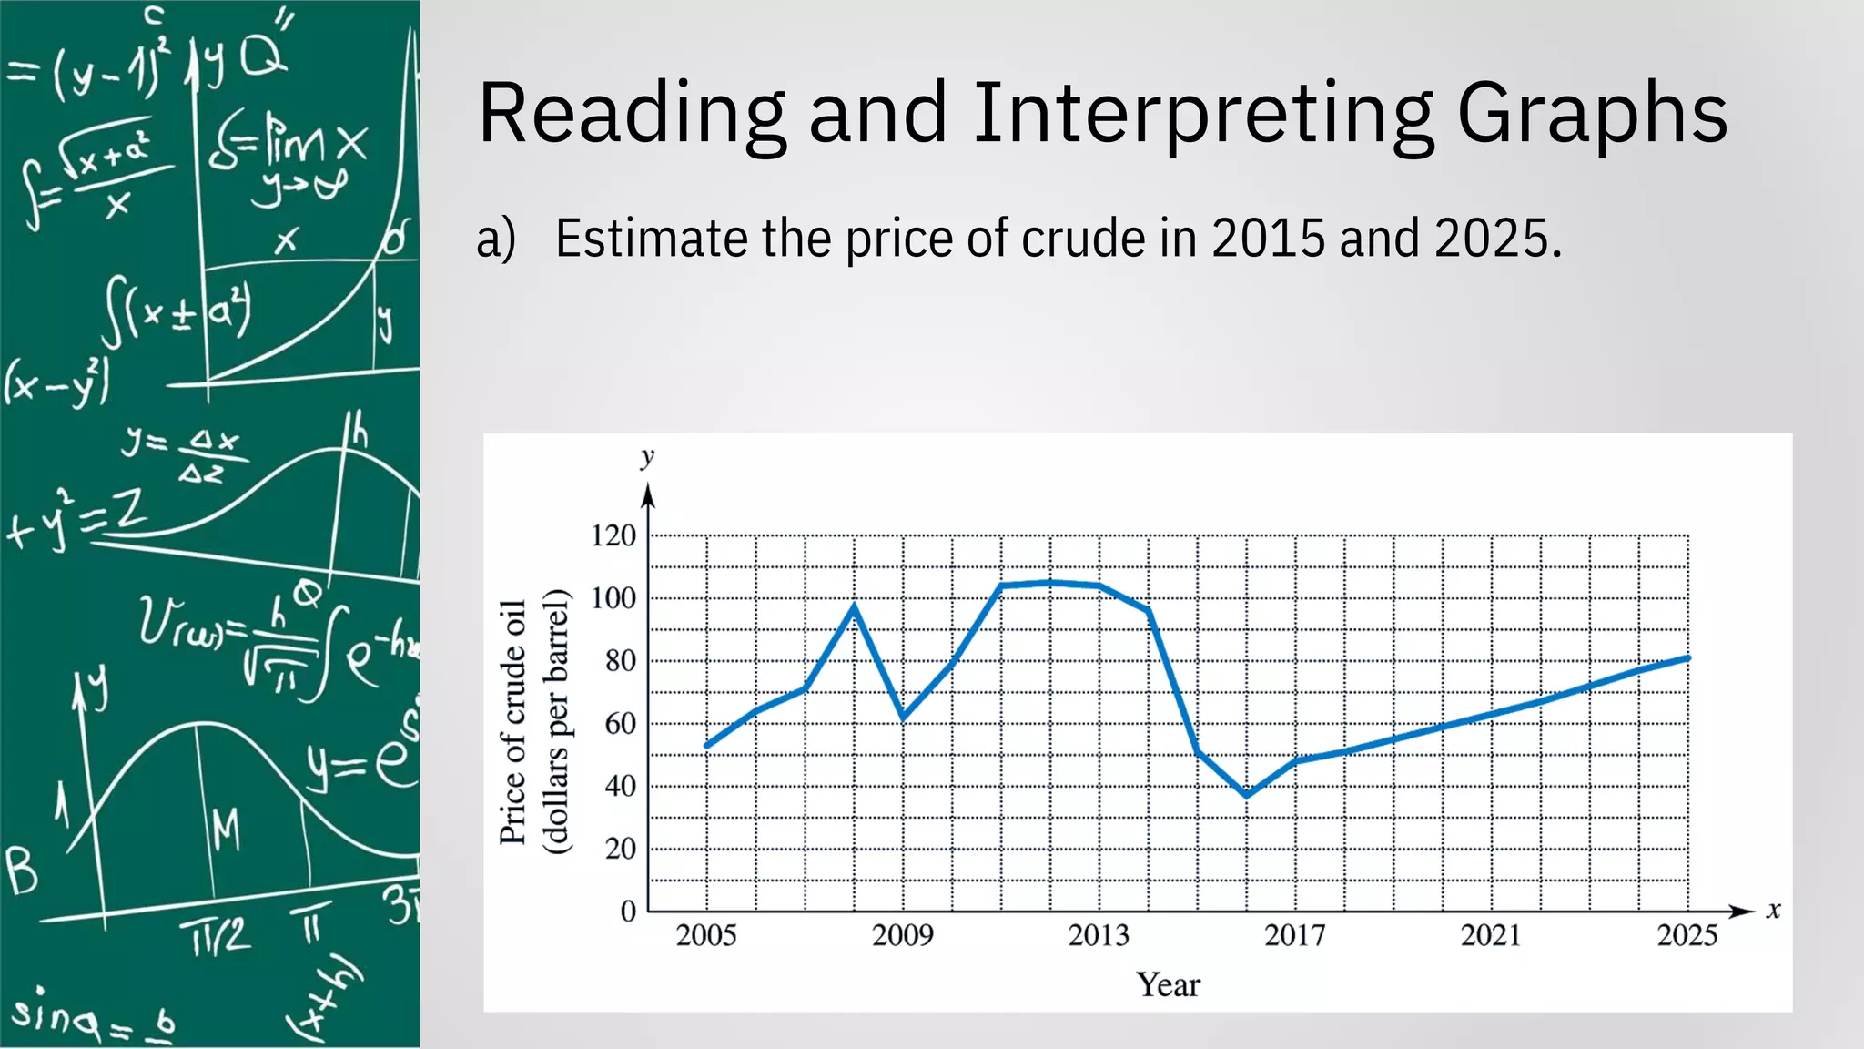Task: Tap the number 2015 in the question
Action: (1268, 239)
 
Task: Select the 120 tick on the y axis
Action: (613, 535)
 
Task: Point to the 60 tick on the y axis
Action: (621, 724)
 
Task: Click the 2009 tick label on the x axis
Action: (902, 935)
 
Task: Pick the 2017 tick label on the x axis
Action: (1294, 935)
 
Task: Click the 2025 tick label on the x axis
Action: (1687, 935)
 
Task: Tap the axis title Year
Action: (1168, 984)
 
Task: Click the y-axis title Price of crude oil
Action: (513, 722)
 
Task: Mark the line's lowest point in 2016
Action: (1246, 795)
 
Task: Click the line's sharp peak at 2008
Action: (854, 605)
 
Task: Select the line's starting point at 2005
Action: (707, 747)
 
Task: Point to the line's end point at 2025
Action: (1688, 657)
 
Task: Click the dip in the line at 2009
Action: (903, 718)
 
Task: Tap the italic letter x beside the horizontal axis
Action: (1773, 910)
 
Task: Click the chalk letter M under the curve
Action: (226, 830)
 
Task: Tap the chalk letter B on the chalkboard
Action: (22, 871)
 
